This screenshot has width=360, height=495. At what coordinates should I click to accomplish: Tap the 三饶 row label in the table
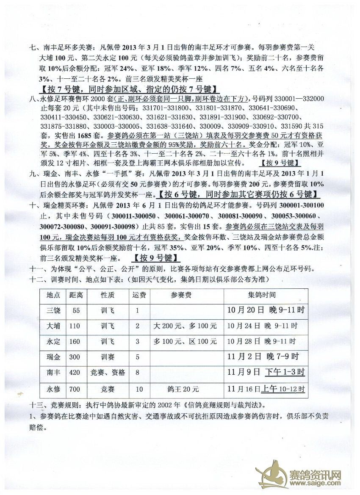53,310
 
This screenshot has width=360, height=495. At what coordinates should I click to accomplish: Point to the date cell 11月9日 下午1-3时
266,373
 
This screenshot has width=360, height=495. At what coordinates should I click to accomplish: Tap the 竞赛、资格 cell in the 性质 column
108,373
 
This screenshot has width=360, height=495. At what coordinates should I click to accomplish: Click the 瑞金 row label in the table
53,357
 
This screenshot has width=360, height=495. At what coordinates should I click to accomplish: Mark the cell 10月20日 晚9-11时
266,310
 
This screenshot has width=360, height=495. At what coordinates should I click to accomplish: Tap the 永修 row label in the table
53,389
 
